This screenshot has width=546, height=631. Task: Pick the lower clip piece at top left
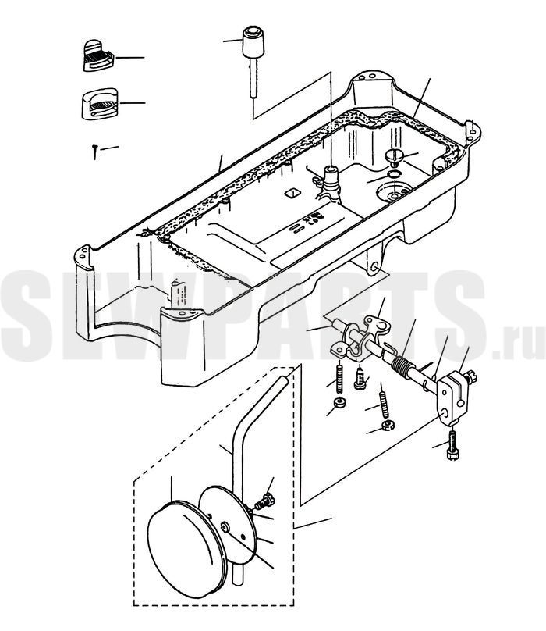[x=99, y=103]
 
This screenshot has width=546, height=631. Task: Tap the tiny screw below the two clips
[x=94, y=152]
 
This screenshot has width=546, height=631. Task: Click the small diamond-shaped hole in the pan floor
[x=292, y=193]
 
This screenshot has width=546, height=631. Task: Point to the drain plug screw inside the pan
[x=394, y=157]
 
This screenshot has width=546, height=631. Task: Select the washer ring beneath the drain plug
[x=394, y=174]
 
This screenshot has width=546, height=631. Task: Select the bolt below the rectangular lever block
[x=452, y=444]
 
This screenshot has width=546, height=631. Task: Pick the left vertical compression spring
[x=340, y=377]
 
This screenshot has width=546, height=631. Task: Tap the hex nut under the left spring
[x=341, y=402]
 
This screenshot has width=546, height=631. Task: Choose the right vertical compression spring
[x=385, y=405]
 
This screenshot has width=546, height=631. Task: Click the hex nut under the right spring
[x=388, y=426]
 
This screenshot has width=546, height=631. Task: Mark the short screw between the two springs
[x=360, y=377]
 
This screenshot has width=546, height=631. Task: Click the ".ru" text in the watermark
[x=518, y=344]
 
